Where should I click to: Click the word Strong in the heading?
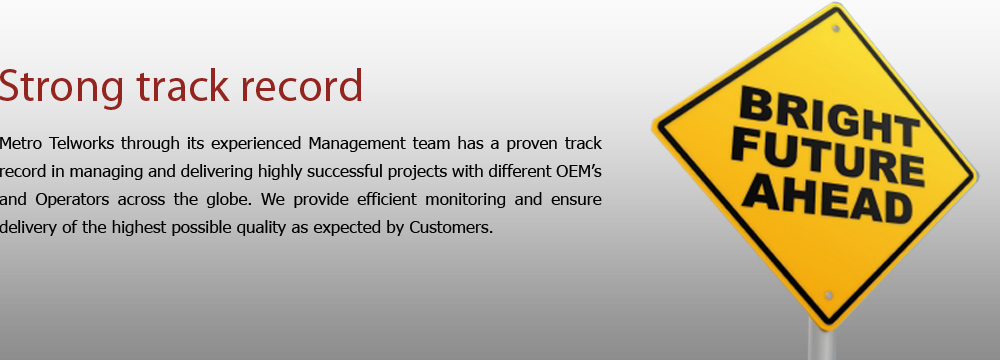coord(61,87)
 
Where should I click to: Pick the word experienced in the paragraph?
coord(256,144)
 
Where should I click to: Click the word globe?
coord(230,199)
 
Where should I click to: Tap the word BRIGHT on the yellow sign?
coord(829,117)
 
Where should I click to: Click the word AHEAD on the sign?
coord(827,199)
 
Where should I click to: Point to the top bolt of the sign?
coord(836,29)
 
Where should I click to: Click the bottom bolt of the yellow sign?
coord(828,296)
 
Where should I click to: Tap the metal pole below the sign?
coord(821,341)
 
